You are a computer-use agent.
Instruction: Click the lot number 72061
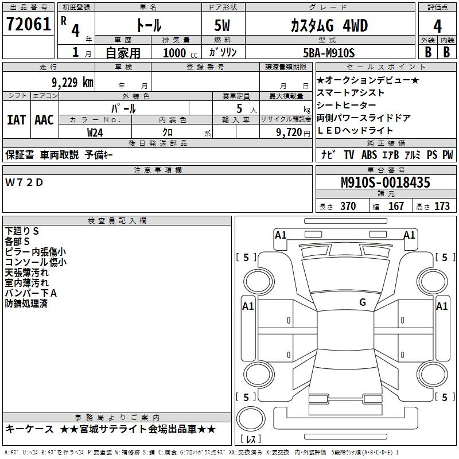pos(28,25)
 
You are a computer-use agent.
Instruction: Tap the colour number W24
pos(95,132)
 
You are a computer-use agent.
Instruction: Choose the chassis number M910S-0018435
pos(385,182)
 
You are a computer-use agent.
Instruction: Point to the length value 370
pos(348,207)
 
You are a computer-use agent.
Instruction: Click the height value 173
pos(442,207)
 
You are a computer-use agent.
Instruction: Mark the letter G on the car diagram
pos(363,302)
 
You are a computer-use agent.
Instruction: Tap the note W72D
pos(24,182)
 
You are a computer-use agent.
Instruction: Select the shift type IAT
pos(16,120)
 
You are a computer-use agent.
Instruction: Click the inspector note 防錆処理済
pos(26,304)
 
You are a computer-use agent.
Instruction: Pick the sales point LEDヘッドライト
pos(355,131)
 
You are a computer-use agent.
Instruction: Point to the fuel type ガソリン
pos(223,53)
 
